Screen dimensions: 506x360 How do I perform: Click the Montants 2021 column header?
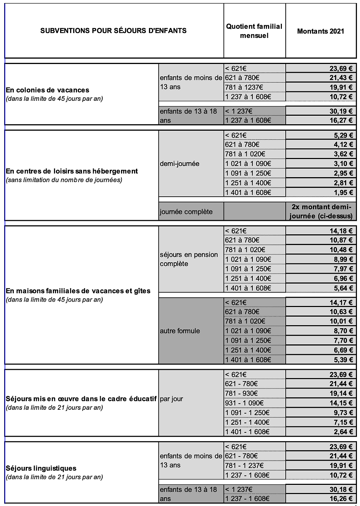(x=321, y=31)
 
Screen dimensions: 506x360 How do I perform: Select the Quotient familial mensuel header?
(x=254, y=31)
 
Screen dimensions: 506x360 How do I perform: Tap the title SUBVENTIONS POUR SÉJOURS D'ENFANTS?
(x=113, y=31)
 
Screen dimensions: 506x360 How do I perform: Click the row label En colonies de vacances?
(x=47, y=90)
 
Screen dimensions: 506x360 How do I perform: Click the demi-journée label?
(x=180, y=164)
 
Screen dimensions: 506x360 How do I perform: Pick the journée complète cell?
(x=186, y=212)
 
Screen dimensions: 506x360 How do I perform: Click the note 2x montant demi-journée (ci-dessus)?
(x=321, y=212)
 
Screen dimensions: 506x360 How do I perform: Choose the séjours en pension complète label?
(x=189, y=259)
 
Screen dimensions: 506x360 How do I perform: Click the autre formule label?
(x=180, y=331)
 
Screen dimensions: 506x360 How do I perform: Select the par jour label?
(x=172, y=399)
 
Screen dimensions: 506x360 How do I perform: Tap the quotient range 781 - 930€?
(x=241, y=393)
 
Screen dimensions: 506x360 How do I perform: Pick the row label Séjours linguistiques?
(x=41, y=468)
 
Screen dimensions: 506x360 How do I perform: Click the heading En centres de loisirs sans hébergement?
(x=72, y=171)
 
